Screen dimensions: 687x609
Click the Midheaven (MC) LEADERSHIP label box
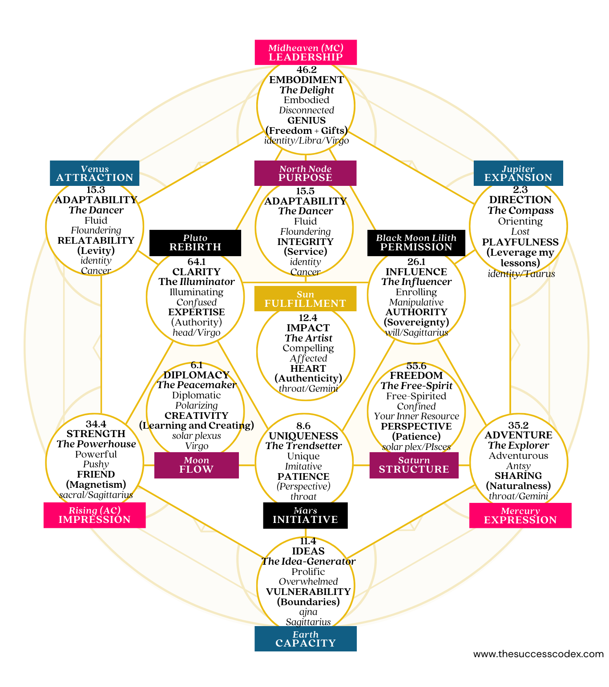pos(306,52)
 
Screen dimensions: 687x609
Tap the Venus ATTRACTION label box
pos(94,173)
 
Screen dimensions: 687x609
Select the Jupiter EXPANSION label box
pos(518,173)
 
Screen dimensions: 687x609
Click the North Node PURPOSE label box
pos(305,173)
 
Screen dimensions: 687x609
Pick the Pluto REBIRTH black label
pos(195,243)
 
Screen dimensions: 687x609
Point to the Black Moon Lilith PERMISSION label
pos(416,243)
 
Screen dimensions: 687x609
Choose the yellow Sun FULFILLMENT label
pos(305,299)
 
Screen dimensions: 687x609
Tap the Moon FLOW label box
pos(196,465)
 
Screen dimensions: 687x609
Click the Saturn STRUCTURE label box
pos(414,465)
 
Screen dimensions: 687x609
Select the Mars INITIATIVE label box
pos(305,515)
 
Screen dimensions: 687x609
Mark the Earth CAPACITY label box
pos(306,639)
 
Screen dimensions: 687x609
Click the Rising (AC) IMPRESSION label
pos(94,515)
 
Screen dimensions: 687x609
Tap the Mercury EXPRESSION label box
pos(520,515)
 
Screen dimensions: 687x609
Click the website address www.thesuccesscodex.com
pos(538,654)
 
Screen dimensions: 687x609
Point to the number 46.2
pos(307,70)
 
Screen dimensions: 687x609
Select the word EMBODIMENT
pos(307,80)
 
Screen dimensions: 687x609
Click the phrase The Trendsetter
pos(303,446)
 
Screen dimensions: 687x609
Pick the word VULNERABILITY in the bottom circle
pos(308,592)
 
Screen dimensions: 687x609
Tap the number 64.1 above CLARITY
pos(196,262)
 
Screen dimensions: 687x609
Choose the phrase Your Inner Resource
pos(416,416)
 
